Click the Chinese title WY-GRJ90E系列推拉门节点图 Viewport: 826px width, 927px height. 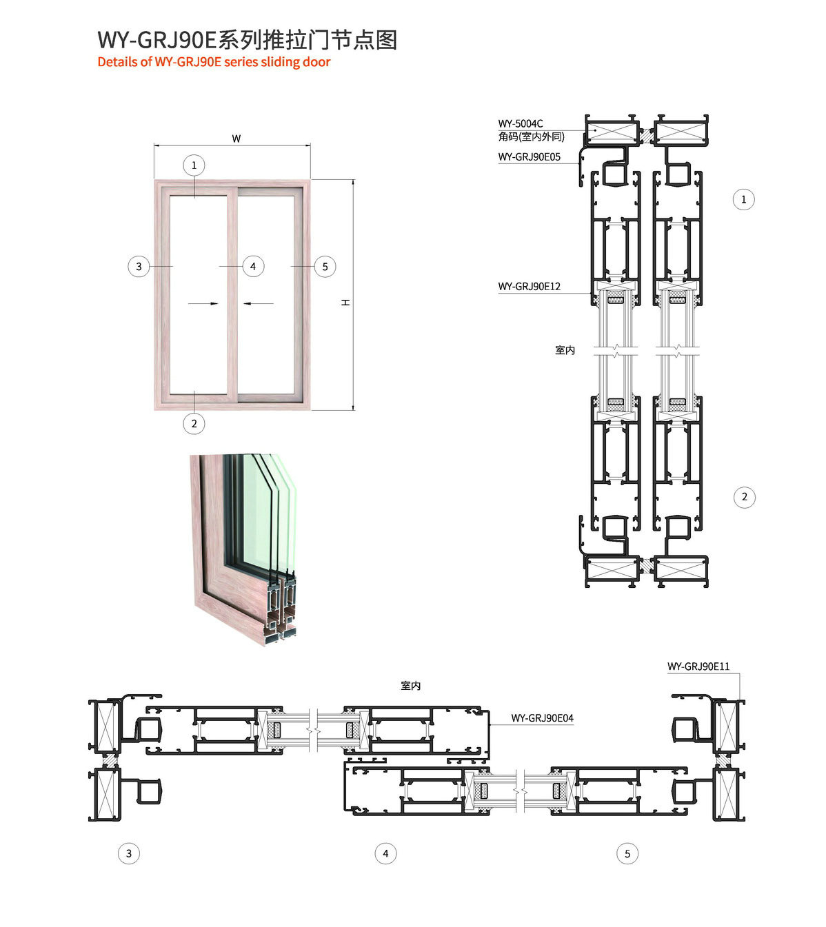click(248, 40)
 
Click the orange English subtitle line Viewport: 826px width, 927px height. click(214, 62)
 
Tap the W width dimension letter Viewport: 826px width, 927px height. click(236, 139)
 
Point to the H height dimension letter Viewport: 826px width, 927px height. click(345, 303)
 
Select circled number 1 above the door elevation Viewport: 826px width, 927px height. click(194, 165)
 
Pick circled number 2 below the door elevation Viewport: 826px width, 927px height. click(194, 424)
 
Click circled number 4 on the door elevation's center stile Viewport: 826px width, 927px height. click(253, 266)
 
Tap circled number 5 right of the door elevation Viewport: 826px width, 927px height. click(325, 267)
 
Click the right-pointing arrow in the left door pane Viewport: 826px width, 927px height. click(203, 303)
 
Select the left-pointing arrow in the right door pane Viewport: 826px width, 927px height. click(259, 303)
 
